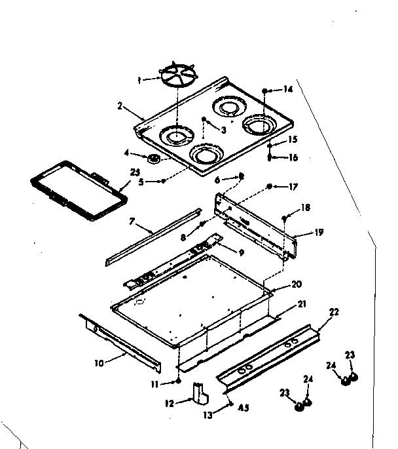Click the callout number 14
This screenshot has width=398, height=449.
[289, 89]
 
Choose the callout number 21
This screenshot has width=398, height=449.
[301, 304]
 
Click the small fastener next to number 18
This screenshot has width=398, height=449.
[285, 218]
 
